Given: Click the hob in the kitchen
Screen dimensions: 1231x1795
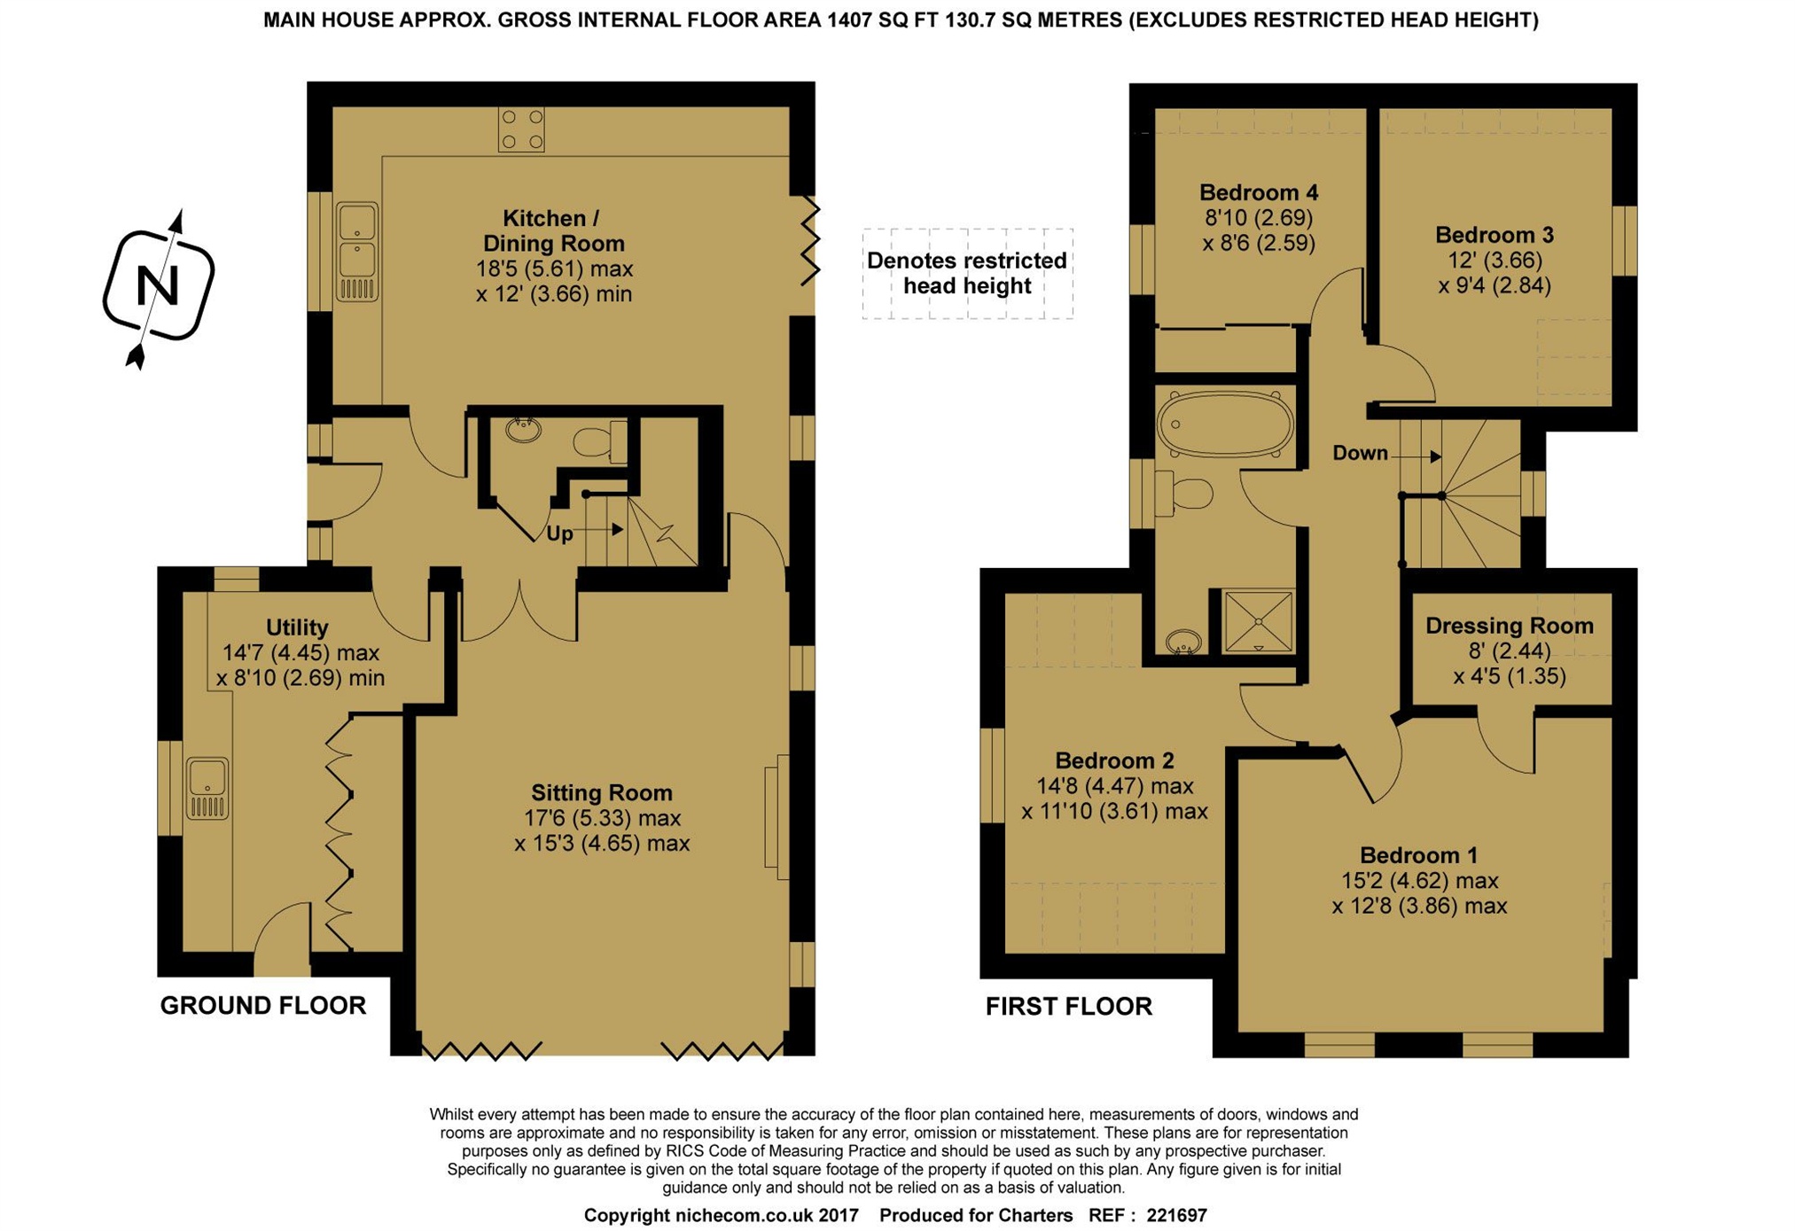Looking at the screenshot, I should coord(520,129).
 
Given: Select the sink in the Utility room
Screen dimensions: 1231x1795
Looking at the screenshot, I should coord(207,787).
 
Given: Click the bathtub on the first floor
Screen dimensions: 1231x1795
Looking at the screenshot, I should coord(1224,425).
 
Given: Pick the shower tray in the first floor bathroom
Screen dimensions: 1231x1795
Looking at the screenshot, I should coord(1257,621).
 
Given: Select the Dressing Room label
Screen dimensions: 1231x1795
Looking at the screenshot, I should coord(1508,626).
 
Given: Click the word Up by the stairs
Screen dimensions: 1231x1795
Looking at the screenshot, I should coord(558,534).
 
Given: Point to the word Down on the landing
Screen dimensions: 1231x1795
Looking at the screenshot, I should coord(1359,453).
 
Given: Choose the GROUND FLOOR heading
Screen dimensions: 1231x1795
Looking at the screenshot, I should coord(262,1005).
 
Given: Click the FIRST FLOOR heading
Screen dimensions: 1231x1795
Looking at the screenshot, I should coord(1068,1006).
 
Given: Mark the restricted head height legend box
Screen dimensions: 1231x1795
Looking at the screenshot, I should coord(966,273).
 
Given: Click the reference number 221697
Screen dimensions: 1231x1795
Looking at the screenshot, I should coord(1175,1215).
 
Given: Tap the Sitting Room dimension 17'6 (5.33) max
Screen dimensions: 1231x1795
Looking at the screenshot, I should coord(601,818).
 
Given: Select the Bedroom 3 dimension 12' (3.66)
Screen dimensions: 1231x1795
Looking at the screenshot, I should coord(1494,261).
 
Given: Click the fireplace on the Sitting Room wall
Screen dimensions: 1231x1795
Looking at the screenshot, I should coord(776,815).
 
